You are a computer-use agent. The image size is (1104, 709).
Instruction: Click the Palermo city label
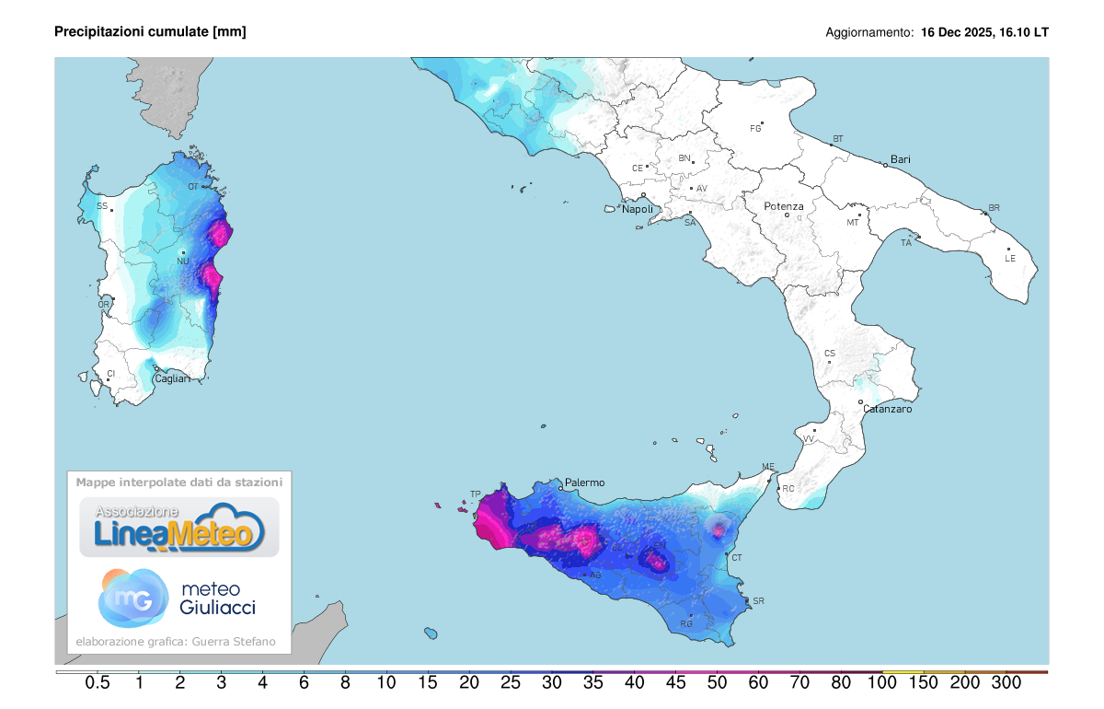585,482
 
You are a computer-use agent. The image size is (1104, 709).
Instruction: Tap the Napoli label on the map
638,209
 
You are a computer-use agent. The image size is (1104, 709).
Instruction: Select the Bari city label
900,159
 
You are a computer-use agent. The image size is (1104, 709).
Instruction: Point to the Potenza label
784,206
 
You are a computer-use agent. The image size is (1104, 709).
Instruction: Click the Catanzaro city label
888,409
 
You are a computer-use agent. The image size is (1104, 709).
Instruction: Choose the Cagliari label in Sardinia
172,379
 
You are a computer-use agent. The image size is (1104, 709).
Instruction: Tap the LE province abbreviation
1010,259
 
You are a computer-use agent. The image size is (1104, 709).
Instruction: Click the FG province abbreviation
756,128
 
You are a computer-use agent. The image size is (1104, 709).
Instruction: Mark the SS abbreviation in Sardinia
102,206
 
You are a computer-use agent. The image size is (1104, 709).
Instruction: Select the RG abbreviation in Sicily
685,624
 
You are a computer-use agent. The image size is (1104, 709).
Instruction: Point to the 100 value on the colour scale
882,683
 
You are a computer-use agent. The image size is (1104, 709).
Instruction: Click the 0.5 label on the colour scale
98,683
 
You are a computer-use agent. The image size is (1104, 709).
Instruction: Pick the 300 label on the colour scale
1006,683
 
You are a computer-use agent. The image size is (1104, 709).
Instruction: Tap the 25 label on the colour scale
511,683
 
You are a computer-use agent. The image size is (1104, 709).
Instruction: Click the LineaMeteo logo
178,528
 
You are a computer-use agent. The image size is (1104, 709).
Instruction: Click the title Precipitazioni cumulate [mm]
150,32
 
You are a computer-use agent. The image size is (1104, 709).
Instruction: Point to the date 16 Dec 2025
958,32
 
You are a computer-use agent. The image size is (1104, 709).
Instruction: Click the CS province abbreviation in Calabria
830,354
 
